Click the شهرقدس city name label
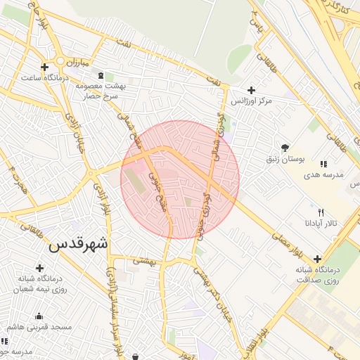coord(78,245)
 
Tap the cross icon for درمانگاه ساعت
coord(45,67)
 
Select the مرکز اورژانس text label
coord(274,102)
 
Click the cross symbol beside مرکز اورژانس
coord(252,91)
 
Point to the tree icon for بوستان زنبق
coord(285,148)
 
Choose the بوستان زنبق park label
coord(301,160)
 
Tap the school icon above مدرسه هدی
coord(323,164)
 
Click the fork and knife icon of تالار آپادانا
coord(321,212)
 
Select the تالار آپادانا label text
coord(321,223)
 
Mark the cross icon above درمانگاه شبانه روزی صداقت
coord(318,259)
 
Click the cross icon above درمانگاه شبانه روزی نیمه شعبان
coord(40,268)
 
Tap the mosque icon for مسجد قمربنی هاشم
coord(38,316)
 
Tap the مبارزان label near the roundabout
coord(75,64)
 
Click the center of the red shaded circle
coord(180,179)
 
